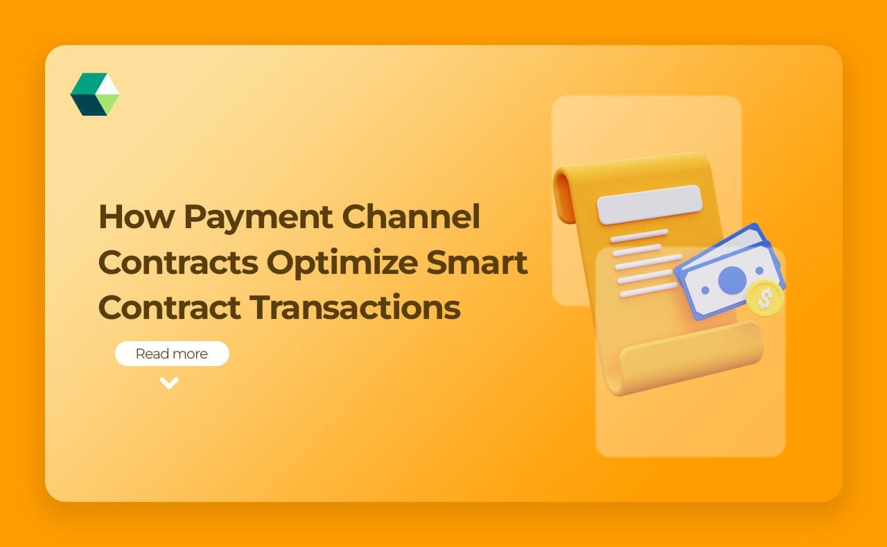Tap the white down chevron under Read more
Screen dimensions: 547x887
pos(169,383)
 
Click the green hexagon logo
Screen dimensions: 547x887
pos(95,94)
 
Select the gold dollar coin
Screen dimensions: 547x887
pos(765,299)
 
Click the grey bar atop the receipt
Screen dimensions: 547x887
pos(649,204)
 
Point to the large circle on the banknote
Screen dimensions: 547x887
pos(732,280)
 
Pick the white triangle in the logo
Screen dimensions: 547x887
pos(107,85)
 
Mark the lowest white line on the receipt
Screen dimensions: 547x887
pos(649,290)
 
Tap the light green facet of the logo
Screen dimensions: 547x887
pos(108,104)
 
